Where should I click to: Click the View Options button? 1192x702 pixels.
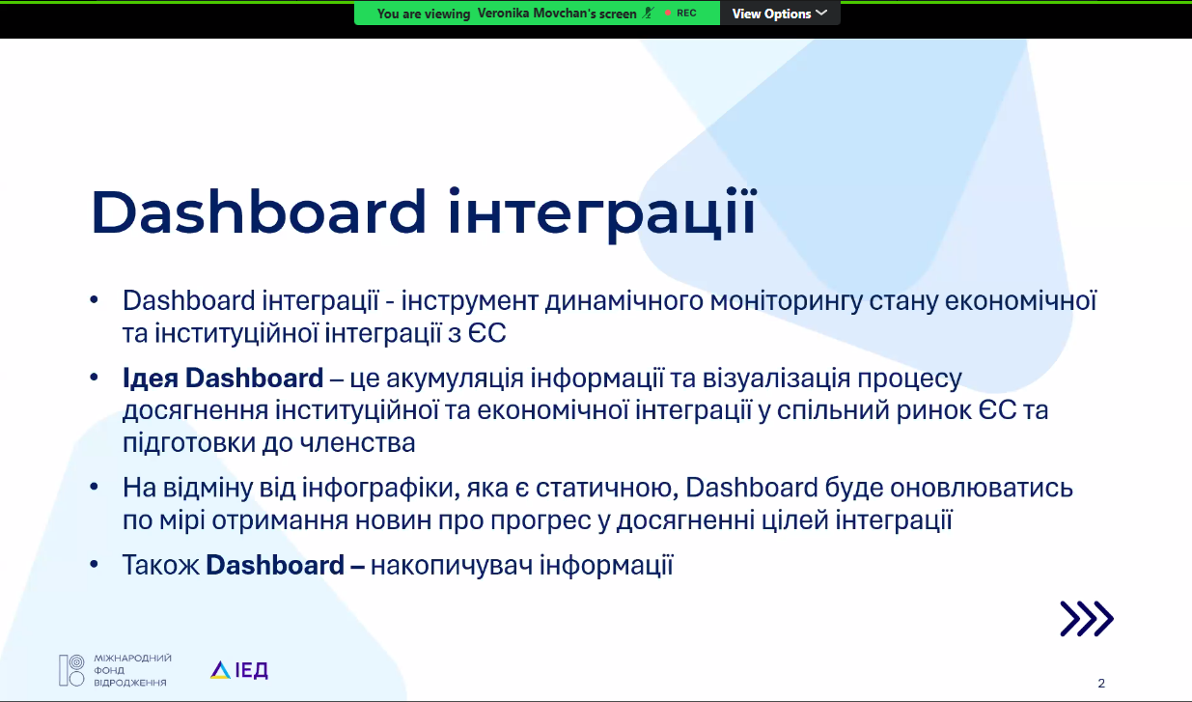coord(780,14)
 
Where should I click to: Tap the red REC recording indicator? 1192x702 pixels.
coord(680,13)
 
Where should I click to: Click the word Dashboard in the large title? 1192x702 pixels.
coord(259,211)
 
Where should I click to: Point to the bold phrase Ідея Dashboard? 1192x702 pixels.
coord(223,378)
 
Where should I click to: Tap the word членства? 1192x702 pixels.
coord(357,443)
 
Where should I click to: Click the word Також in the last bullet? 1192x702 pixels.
coord(161,565)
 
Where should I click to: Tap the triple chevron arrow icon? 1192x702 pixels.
coord(1087,618)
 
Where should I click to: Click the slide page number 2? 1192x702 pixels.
coord(1101,683)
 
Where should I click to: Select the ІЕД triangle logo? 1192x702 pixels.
coord(239,670)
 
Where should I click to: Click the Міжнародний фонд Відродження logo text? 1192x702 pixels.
coord(132,670)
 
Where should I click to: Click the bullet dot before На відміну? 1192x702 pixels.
coord(95,487)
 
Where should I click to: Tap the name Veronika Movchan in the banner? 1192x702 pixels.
coord(557,14)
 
